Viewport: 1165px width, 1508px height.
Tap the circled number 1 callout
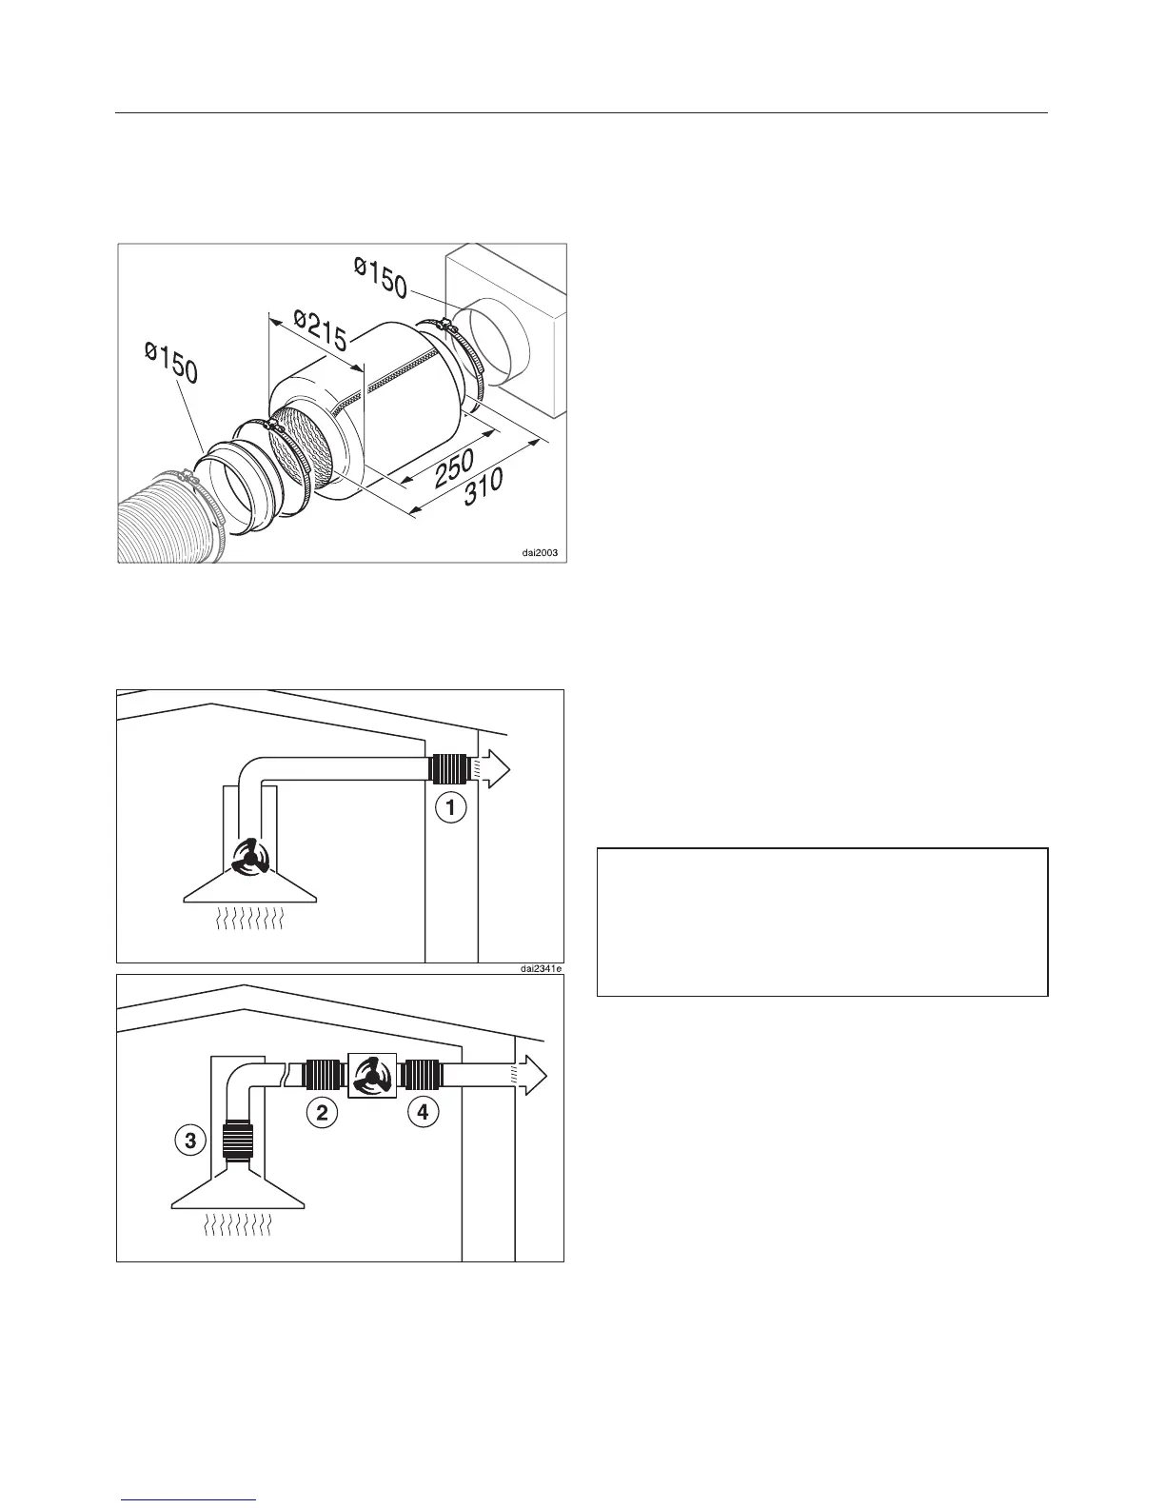451,809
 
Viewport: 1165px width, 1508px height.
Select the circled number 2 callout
323,1113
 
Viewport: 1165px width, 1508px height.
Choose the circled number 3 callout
190,1141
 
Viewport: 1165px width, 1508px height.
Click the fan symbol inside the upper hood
250,859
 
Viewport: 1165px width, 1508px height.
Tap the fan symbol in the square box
372,1076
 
